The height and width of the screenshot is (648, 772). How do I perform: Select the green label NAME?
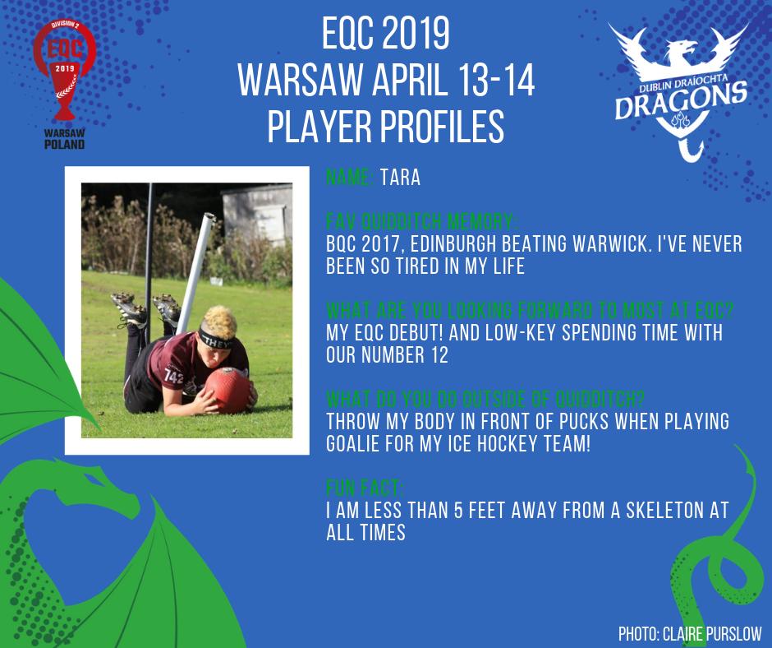(351, 177)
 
